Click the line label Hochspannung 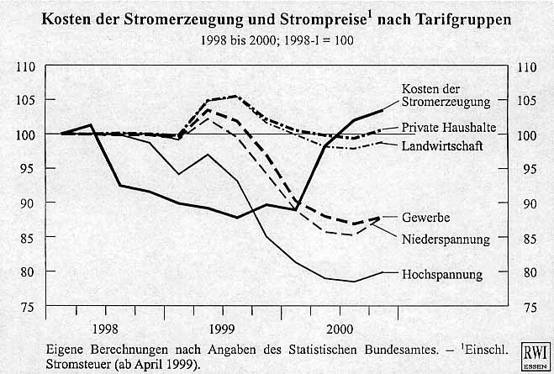point(442,275)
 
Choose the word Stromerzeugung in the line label point(446,103)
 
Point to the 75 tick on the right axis point(528,307)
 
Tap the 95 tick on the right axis point(528,170)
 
